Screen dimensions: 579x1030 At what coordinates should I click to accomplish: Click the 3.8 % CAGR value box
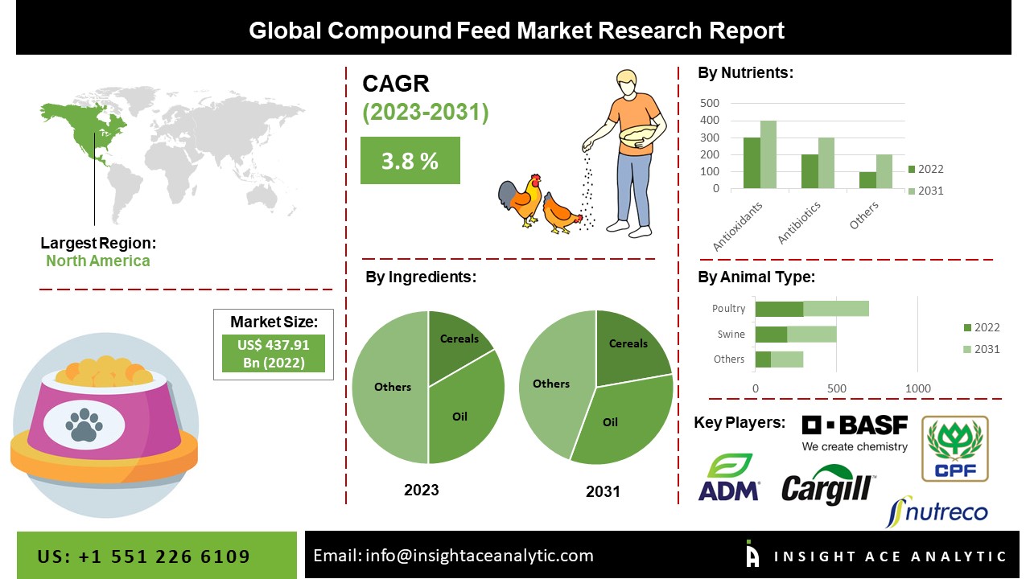410,160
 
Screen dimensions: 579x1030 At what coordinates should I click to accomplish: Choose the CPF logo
954,448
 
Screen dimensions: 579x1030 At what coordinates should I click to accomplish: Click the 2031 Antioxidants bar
768,154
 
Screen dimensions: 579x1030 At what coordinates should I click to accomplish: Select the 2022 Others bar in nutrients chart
867,180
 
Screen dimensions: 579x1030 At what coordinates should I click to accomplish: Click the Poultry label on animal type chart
728,308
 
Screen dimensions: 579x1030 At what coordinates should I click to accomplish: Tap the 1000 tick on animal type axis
918,388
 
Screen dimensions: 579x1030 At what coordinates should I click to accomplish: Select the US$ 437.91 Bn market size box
274,353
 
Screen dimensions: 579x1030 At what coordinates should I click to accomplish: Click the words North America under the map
97,261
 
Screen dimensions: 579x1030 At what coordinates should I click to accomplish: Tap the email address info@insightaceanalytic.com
479,555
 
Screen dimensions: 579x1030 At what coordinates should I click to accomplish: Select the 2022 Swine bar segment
771,334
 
